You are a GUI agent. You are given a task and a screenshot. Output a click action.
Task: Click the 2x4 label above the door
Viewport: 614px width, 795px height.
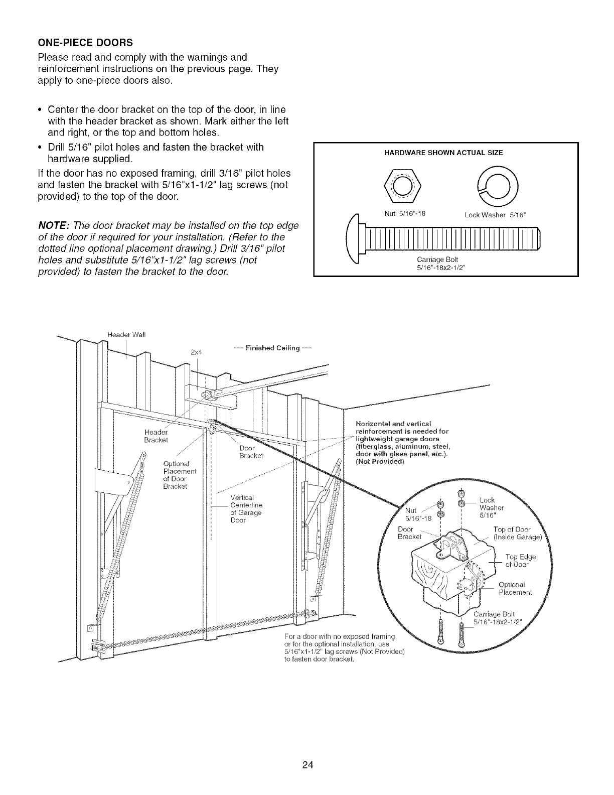(196, 352)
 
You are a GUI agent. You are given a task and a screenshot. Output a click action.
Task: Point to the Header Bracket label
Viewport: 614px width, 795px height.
(156, 436)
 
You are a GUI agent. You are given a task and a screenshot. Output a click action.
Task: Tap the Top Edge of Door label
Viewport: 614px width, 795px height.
(520, 560)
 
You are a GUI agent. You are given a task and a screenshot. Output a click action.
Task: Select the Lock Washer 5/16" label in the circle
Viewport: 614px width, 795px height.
(490, 507)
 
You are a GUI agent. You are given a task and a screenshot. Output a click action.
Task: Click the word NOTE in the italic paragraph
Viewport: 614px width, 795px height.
(52, 225)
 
